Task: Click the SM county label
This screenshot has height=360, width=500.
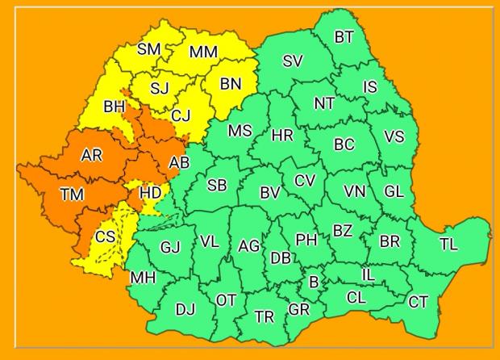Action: [x=148, y=49]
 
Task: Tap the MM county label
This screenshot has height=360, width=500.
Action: [x=203, y=52]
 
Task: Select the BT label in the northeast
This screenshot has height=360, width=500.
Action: [x=344, y=36]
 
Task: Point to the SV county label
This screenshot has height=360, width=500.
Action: [x=293, y=61]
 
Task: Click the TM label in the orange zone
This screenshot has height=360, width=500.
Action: [x=71, y=194]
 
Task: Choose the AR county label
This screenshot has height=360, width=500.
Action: [x=92, y=155]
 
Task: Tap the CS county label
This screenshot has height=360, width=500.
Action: [x=105, y=237]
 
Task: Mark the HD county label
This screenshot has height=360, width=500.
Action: [x=151, y=193]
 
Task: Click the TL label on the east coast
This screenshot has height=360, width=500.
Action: [x=448, y=245]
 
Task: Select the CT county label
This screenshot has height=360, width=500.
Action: [x=418, y=302]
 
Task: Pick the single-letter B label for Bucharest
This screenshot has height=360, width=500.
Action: [x=314, y=283]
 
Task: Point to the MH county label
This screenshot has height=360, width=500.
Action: [x=143, y=278]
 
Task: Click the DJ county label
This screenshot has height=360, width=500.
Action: [x=185, y=309]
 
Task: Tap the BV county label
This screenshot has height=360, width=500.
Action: [x=270, y=193]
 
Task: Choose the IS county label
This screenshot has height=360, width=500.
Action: [x=369, y=87]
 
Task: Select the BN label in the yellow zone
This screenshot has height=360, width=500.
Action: [x=231, y=83]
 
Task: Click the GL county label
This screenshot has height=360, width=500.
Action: [x=394, y=191]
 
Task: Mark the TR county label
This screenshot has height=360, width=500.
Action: [x=264, y=316]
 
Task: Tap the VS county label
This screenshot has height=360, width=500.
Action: [x=394, y=136]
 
